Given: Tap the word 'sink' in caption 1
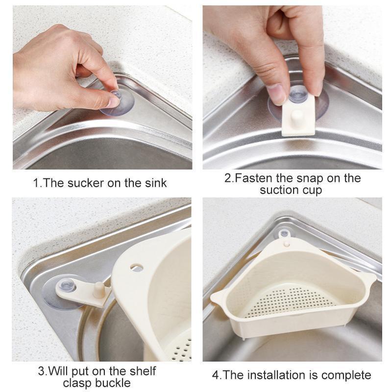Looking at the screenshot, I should click(154, 183).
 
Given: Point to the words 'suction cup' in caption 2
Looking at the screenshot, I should click(291, 190).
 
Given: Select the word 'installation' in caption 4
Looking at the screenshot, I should click(287, 375).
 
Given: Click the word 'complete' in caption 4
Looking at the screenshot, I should click(347, 376).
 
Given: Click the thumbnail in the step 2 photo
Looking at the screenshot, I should click(277, 93).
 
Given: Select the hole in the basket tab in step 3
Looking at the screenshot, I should click(137, 268).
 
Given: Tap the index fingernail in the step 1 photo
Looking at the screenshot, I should click(113, 101).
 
